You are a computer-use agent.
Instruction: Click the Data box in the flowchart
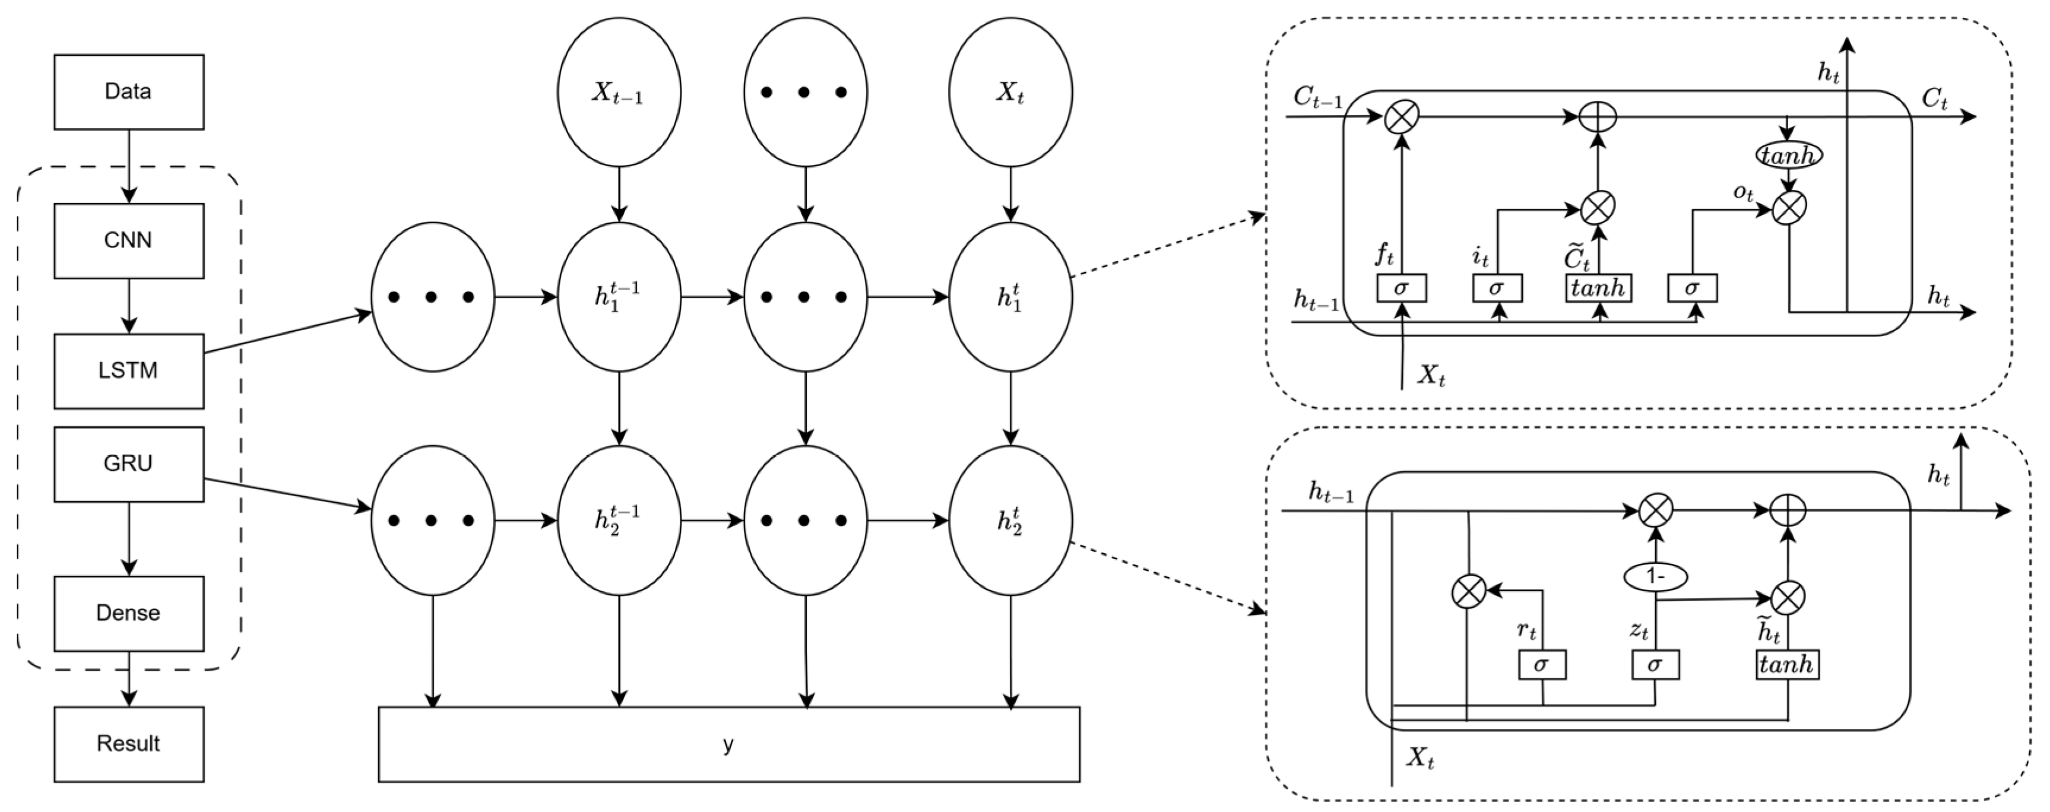coord(128,91)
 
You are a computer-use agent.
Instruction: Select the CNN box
coord(128,240)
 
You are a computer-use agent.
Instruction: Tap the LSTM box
coord(128,370)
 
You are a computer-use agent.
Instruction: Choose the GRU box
coord(128,464)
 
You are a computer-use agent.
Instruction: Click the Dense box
coord(128,613)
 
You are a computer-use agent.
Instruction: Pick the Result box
coord(128,744)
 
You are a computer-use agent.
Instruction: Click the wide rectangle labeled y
coord(728,744)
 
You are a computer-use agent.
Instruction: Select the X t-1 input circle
coord(619,92)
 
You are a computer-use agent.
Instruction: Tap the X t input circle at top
coord(1010,92)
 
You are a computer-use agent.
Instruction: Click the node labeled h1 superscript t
coord(1010,297)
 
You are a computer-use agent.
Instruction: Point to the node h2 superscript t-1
coord(619,520)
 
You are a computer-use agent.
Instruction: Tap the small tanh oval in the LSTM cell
coord(1788,155)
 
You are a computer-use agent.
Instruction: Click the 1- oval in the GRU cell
coord(1655,576)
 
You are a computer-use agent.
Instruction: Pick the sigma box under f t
coord(1402,288)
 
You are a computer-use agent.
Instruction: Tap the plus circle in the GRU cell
coord(1788,510)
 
